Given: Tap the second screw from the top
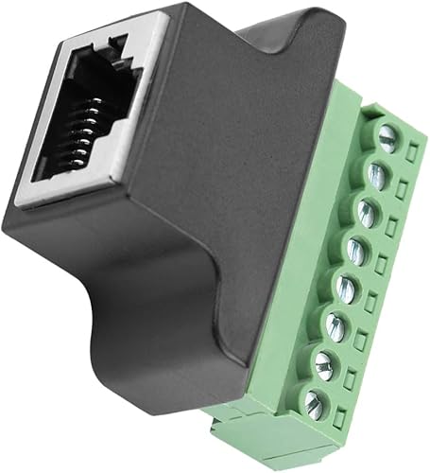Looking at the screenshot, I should [377, 173].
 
